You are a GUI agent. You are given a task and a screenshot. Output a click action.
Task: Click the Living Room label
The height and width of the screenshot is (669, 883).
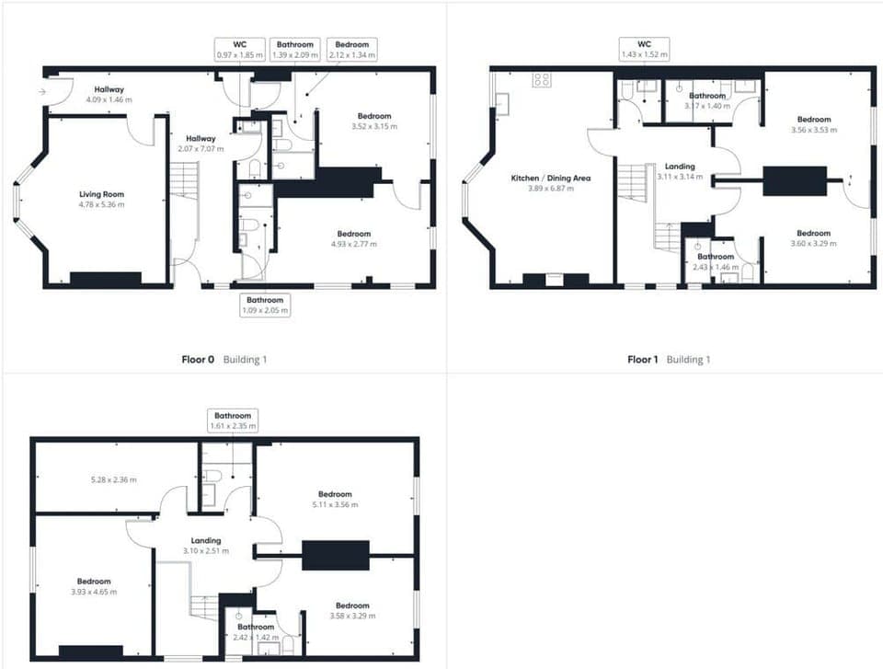pyautogui.click(x=101, y=199)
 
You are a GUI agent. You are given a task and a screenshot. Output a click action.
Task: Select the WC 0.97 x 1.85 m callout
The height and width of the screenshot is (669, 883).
pyautogui.click(x=240, y=50)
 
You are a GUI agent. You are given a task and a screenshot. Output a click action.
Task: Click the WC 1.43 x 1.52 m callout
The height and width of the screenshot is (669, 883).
pyautogui.click(x=643, y=50)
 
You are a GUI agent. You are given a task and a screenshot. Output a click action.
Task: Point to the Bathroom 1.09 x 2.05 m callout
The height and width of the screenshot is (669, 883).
pyautogui.click(x=265, y=305)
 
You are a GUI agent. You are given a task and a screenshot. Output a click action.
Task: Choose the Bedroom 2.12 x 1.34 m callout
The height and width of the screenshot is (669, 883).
pyautogui.click(x=351, y=50)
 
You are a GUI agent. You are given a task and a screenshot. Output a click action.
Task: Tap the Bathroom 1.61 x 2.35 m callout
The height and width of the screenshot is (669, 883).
pyautogui.click(x=231, y=421)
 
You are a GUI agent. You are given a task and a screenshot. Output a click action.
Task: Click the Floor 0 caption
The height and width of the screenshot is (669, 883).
pyautogui.click(x=198, y=360)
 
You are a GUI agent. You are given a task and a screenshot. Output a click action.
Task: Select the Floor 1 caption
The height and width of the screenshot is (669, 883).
pyautogui.click(x=643, y=360)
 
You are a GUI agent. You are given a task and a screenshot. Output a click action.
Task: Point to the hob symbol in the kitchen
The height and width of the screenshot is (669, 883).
pyautogui.click(x=541, y=80)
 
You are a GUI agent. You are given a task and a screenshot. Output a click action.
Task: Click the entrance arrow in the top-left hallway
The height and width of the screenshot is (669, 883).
pyautogui.click(x=43, y=92)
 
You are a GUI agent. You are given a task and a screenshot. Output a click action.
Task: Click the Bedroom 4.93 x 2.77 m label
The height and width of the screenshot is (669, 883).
pyautogui.click(x=354, y=238)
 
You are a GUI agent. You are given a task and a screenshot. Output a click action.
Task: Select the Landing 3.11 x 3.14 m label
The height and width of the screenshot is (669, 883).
pyautogui.click(x=680, y=171)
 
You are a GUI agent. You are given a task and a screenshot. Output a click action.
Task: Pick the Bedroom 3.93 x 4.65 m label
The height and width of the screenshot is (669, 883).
pyautogui.click(x=94, y=586)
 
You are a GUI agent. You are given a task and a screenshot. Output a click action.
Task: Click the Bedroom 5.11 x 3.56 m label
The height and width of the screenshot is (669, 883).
pyautogui.click(x=335, y=499)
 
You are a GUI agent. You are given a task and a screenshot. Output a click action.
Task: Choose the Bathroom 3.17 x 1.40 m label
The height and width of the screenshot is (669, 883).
pyautogui.click(x=707, y=100)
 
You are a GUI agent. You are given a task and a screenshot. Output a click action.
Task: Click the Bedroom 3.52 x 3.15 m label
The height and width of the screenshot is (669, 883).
pyautogui.click(x=373, y=121)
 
